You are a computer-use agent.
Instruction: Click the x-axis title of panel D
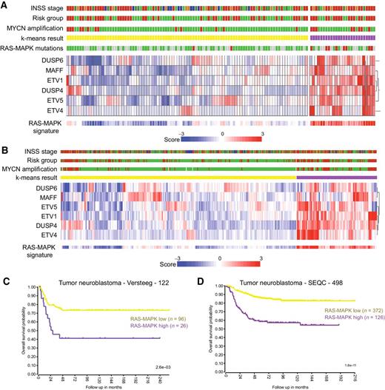300,386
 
